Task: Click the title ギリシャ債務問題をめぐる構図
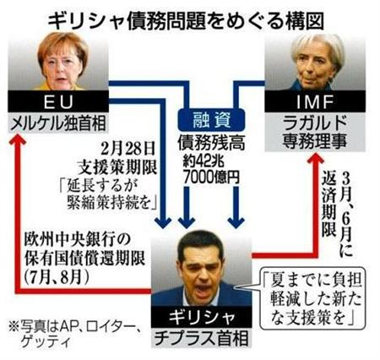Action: click(186, 20)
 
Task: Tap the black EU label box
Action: click(58, 101)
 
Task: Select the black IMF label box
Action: click(315, 101)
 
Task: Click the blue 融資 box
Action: click(211, 120)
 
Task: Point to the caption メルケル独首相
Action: click(58, 123)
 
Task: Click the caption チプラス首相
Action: click(202, 338)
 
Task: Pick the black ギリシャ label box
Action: click(202, 317)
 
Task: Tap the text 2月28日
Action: click(128, 148)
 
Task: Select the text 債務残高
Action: click(211, 143)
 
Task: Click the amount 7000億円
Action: click(211, 177)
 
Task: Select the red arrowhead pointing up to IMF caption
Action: click(315, 160)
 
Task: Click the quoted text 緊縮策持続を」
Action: click(112, 202)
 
